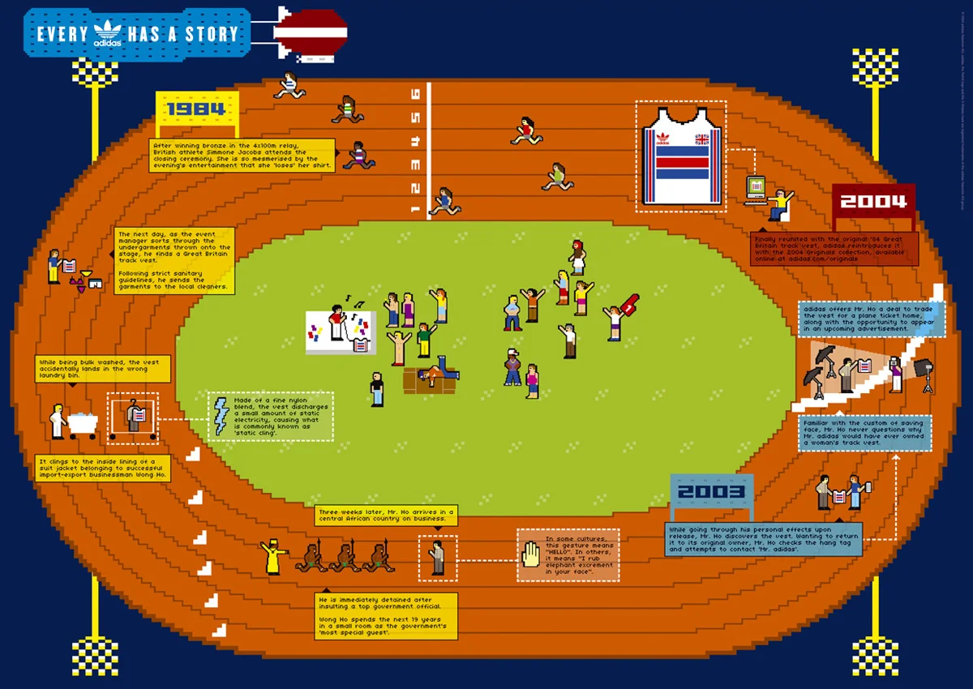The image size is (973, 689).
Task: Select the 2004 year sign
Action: (x=873, y=201)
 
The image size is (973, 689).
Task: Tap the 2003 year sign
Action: (x=711, y=491)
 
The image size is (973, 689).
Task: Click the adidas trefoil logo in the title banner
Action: (x=108, y=33)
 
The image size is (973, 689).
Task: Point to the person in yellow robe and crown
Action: (x=270, y=558)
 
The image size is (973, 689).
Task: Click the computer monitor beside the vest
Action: (x=756, y=186)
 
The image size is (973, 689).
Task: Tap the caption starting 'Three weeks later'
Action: (x=385, y=514)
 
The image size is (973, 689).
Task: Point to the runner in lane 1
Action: (x=444, y=201)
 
